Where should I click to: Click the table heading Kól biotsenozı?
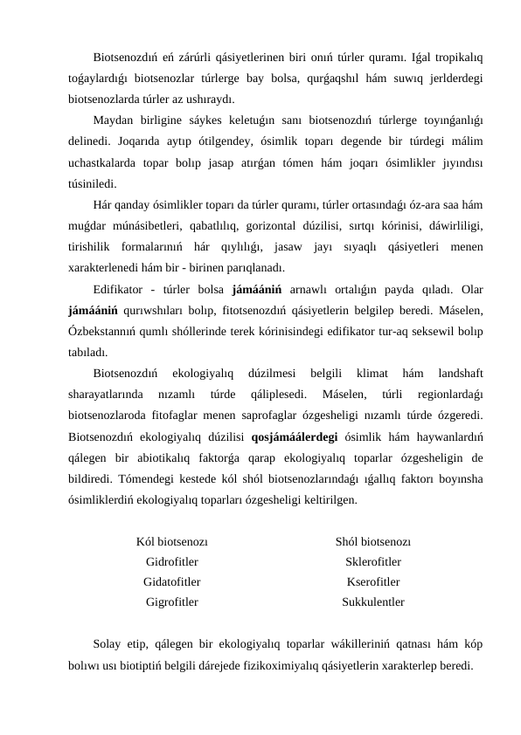[x=171, y=542]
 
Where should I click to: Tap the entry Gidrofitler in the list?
[x=171, y=562]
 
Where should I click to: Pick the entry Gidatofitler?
[x=171, y=582]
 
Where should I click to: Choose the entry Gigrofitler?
[x=171, y=602]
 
